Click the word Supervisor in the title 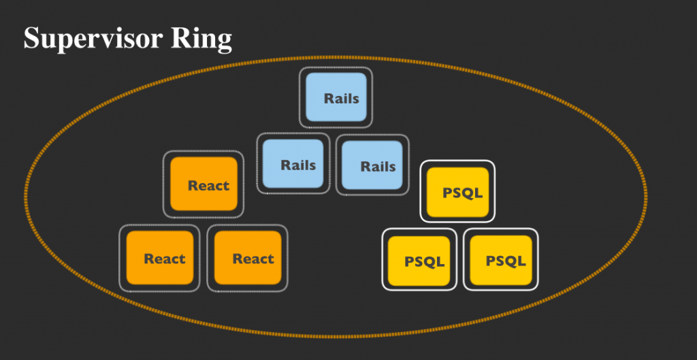point(93,39)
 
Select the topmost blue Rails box point(336,97)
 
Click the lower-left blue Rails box point(293,163)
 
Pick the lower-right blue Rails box point(372,165)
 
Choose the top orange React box point(204,184)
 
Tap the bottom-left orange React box point(159,258)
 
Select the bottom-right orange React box point(248,258)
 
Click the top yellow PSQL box point(457,192)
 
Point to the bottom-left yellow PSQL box point(419,261)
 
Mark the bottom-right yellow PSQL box point(500,261)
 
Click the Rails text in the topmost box point(342,98)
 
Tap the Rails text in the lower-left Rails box point(298,165)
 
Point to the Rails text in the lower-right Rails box point(378,166)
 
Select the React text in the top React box point(208,185)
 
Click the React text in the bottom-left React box point(165,258)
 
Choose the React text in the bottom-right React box point(253,258)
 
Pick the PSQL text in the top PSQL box point(462,193)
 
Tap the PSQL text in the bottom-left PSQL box point(424,261)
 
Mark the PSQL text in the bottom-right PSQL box point(506,261)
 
